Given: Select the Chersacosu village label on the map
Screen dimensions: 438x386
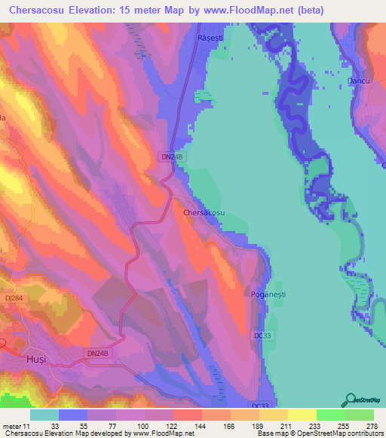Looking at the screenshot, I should pos(204,213).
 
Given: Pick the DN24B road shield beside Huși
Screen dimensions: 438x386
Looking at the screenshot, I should pos(97,352).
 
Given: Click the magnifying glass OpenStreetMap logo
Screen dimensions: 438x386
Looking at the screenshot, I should pos(351,400).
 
